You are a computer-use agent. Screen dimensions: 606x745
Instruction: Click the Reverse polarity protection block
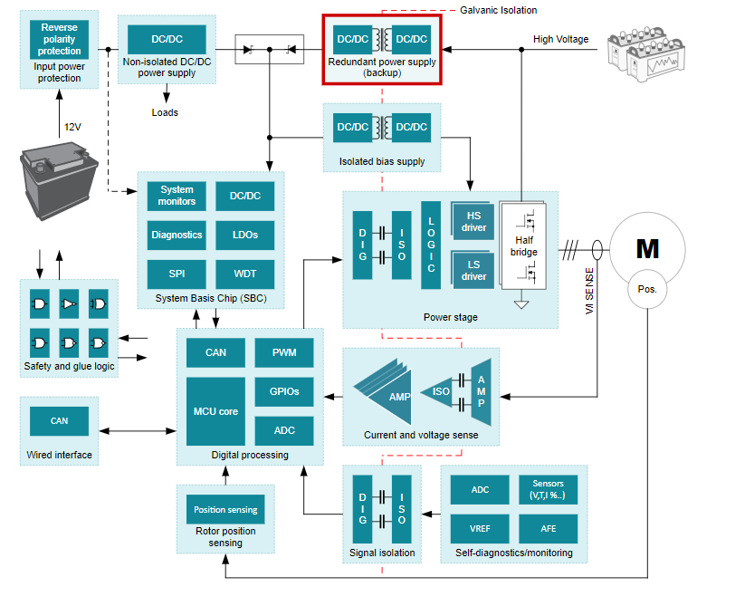click(x=59, y=39)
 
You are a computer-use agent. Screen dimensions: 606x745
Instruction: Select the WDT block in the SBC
click(x=244, y=274)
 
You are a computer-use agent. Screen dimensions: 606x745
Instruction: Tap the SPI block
click(x=177, y=274)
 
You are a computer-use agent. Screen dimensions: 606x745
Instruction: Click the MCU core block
click(x=215, y=411)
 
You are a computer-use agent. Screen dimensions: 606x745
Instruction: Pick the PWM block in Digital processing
click(x=283, y=352)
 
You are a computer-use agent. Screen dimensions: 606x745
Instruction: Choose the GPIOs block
click(x=283, y=391)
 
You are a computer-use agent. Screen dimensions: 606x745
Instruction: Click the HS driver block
click(x=473, y=223)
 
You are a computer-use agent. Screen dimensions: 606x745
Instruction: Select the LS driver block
click(x=473, y=270)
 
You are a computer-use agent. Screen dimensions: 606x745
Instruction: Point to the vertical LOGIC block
click(x=431, y=245)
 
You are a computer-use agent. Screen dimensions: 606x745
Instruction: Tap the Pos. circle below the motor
click(x=647, y=291)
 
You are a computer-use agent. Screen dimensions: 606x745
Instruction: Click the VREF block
click(x=480, y=528)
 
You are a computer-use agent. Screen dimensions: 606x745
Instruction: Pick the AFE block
click(x=548, y=528)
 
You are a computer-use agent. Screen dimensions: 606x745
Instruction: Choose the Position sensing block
click(x=224, y=509)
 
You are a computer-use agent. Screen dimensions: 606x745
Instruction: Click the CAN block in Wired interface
click(x=59, y=420)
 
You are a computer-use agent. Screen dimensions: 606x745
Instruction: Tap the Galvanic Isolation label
click(x=498, y=10)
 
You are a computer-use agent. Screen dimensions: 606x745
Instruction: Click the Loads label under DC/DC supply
click(x=165, y=112)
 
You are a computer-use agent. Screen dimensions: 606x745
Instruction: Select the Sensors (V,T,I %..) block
click(x=548, y=490)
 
